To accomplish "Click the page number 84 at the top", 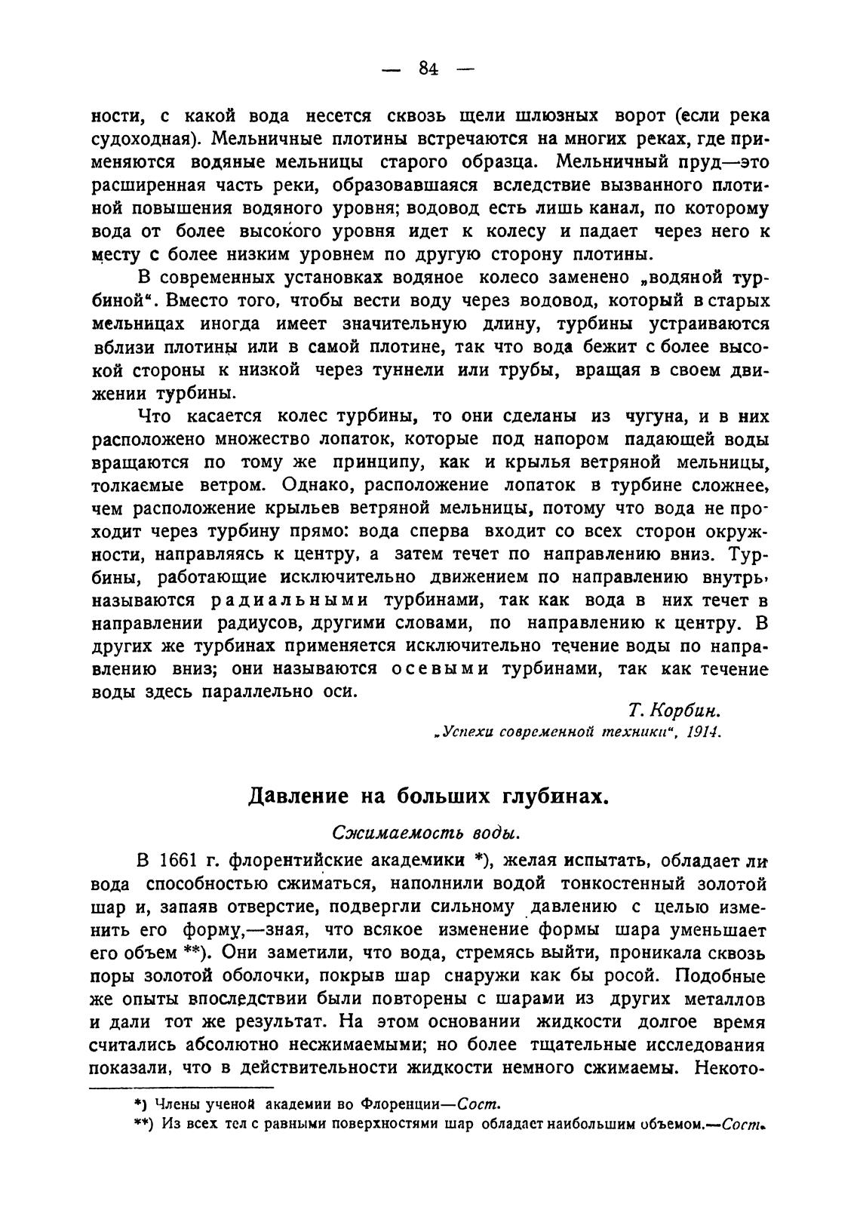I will [x=428, y=69].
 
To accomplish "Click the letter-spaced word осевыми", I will [x=440, y=670].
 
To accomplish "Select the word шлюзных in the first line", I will [x=557, y=116].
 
